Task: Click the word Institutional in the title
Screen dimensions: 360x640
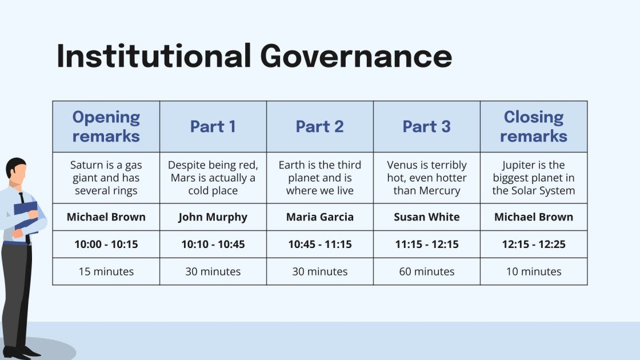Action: coord(154,56)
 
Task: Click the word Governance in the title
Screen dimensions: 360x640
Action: coord(355,56)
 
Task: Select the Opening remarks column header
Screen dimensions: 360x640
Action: coord(106,126)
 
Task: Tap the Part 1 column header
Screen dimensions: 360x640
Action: coord(213,126)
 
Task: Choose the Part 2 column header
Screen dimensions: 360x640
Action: coord(320,126)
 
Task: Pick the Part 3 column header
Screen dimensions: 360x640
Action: coord(427,126)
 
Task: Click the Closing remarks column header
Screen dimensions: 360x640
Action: coord(534,126)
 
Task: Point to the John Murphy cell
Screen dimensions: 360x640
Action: coord(213,217)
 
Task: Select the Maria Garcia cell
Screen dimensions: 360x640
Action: coord(320,217)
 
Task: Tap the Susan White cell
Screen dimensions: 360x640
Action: coord(427,217)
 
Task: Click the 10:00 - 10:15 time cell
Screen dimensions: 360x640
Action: coord(106,244)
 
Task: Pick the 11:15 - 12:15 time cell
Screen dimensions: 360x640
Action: coord(427,244)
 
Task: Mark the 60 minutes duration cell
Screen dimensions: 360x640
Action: coord(427,271)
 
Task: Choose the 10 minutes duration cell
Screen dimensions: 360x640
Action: coord(534,271)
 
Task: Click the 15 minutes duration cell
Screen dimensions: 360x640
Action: coord(106,271)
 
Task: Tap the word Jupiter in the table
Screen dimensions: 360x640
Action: coord(518,165)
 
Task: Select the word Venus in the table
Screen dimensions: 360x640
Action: coord(402,165)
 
